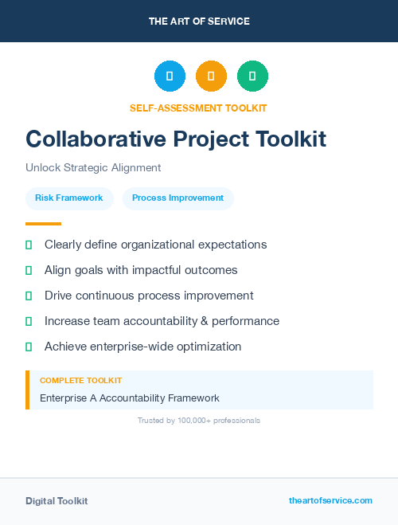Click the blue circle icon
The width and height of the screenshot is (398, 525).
(x=170, y=76)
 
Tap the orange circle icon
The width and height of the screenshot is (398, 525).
(x=211, y=76)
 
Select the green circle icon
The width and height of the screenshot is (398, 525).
(x=252, y=76)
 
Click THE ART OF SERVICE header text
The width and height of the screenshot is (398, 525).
(x=199, y=22)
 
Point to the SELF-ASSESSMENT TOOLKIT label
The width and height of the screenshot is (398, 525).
(x=198, y=108)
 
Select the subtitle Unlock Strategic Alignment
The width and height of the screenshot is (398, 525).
(x=93, y=168)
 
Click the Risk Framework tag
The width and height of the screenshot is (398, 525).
(x=69, y=198)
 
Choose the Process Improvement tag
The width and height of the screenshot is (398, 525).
(x=178, y=198)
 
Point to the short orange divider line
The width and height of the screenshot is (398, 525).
(x=43, y=224)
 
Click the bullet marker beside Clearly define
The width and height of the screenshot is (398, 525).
(x=29, y=245)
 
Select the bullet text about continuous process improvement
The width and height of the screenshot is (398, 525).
(x=149, y=296)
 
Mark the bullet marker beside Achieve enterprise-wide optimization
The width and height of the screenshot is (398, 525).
(x=29, y=347)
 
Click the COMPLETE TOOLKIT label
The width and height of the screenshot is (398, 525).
(x=80, y=381)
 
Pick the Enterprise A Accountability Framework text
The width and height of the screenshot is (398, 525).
(x=130, y=398)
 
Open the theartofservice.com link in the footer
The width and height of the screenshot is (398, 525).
(x=330, y=500)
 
